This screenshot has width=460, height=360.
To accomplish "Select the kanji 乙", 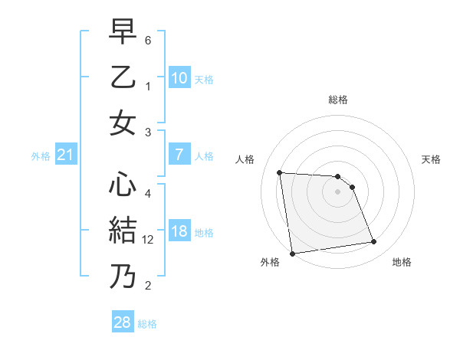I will [123, 78].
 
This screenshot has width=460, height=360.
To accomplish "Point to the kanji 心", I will [123, 184].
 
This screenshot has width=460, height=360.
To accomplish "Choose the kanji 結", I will [123, 230].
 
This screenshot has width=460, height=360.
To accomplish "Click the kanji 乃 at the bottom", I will [123, 275].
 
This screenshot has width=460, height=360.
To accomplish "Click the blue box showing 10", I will [179, 78].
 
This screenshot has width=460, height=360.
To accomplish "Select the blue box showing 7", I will [179, 155].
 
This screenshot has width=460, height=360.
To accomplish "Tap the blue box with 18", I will [179, 232].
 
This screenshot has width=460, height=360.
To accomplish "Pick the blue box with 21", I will [65, 155].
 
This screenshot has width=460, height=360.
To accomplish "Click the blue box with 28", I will [122, 322].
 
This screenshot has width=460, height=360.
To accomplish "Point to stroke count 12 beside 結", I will [149, 239].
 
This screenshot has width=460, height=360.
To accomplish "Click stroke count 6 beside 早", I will [149, 39].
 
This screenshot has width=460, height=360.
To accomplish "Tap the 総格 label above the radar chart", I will [338, 100].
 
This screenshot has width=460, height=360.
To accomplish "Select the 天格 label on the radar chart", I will [431, 159].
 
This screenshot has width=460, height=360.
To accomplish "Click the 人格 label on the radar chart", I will [245, 159].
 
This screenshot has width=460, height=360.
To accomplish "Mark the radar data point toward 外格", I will [292, 253].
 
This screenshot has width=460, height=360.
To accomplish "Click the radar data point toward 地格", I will [374, 242].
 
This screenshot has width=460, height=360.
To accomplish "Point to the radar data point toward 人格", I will [280, 172].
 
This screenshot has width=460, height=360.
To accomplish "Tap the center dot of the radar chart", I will [338, 191].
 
